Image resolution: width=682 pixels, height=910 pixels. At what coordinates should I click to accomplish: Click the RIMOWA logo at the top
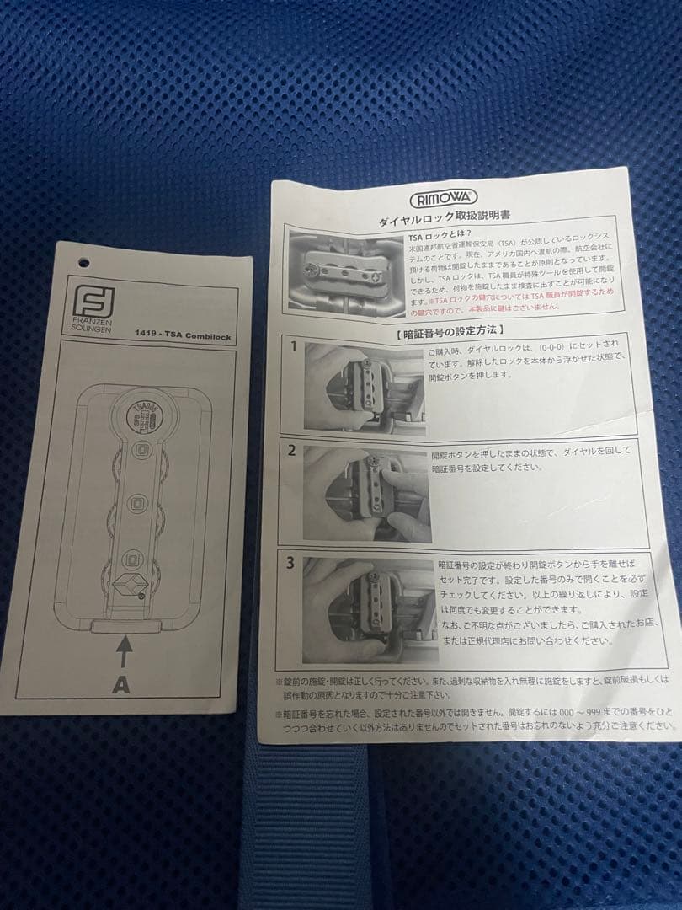[444, 199]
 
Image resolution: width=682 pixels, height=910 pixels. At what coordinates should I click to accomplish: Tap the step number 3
[290, 563]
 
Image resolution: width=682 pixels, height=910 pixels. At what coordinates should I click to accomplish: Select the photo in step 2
[367, 494]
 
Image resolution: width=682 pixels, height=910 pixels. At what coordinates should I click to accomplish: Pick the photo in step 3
[367, 608]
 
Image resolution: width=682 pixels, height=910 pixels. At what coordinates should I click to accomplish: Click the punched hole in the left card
[83, 263]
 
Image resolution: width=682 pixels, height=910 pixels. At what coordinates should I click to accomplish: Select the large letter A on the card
[122, 684]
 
